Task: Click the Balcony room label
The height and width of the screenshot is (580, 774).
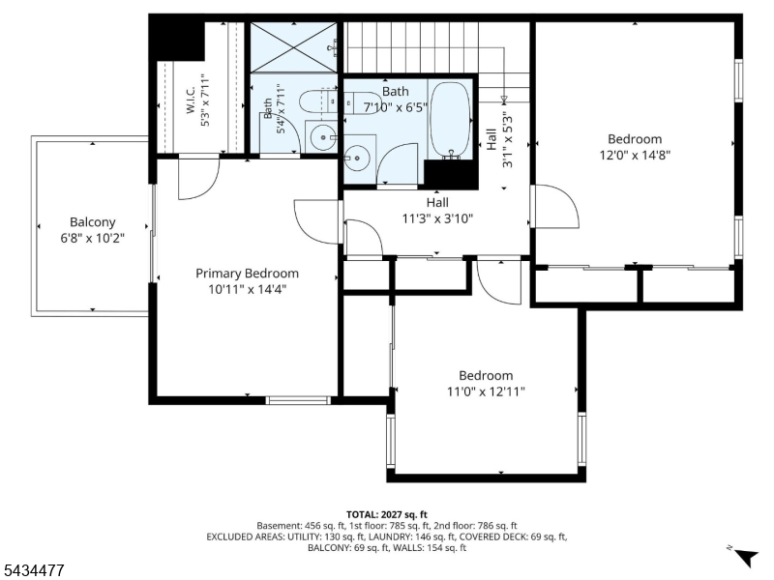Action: (x=92, y=222)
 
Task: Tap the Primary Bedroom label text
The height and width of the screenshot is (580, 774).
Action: (x=247, y=274)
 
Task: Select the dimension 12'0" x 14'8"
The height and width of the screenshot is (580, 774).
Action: (x=635, y=156)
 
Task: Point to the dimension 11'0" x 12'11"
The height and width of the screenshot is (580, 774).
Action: (x=486, y=391)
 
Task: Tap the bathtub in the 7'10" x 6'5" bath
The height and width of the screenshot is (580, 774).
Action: (x=450, y=120)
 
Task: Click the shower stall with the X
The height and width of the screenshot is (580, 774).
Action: (x=294, y=47)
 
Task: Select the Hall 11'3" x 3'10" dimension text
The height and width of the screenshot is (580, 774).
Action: (x=437, y=218)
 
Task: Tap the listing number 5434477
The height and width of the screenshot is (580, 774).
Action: (x=32, y=570)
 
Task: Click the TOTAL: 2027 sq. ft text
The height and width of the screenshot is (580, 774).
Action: (x=386, y=515)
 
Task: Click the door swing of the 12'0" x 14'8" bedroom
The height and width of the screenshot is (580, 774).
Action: (x=558, y=207)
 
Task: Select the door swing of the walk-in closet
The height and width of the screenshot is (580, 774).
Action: (x=198, y=178)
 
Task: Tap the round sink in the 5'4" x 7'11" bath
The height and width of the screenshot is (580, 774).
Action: (x=322, y=136)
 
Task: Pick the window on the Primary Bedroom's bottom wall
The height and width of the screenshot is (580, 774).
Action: (x=298, y=400)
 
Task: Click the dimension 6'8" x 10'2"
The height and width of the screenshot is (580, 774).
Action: (x=92, y=238)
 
